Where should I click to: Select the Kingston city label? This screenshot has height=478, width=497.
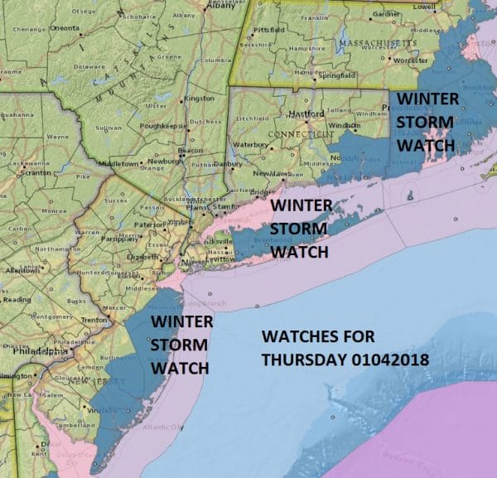tap(198, 98)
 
